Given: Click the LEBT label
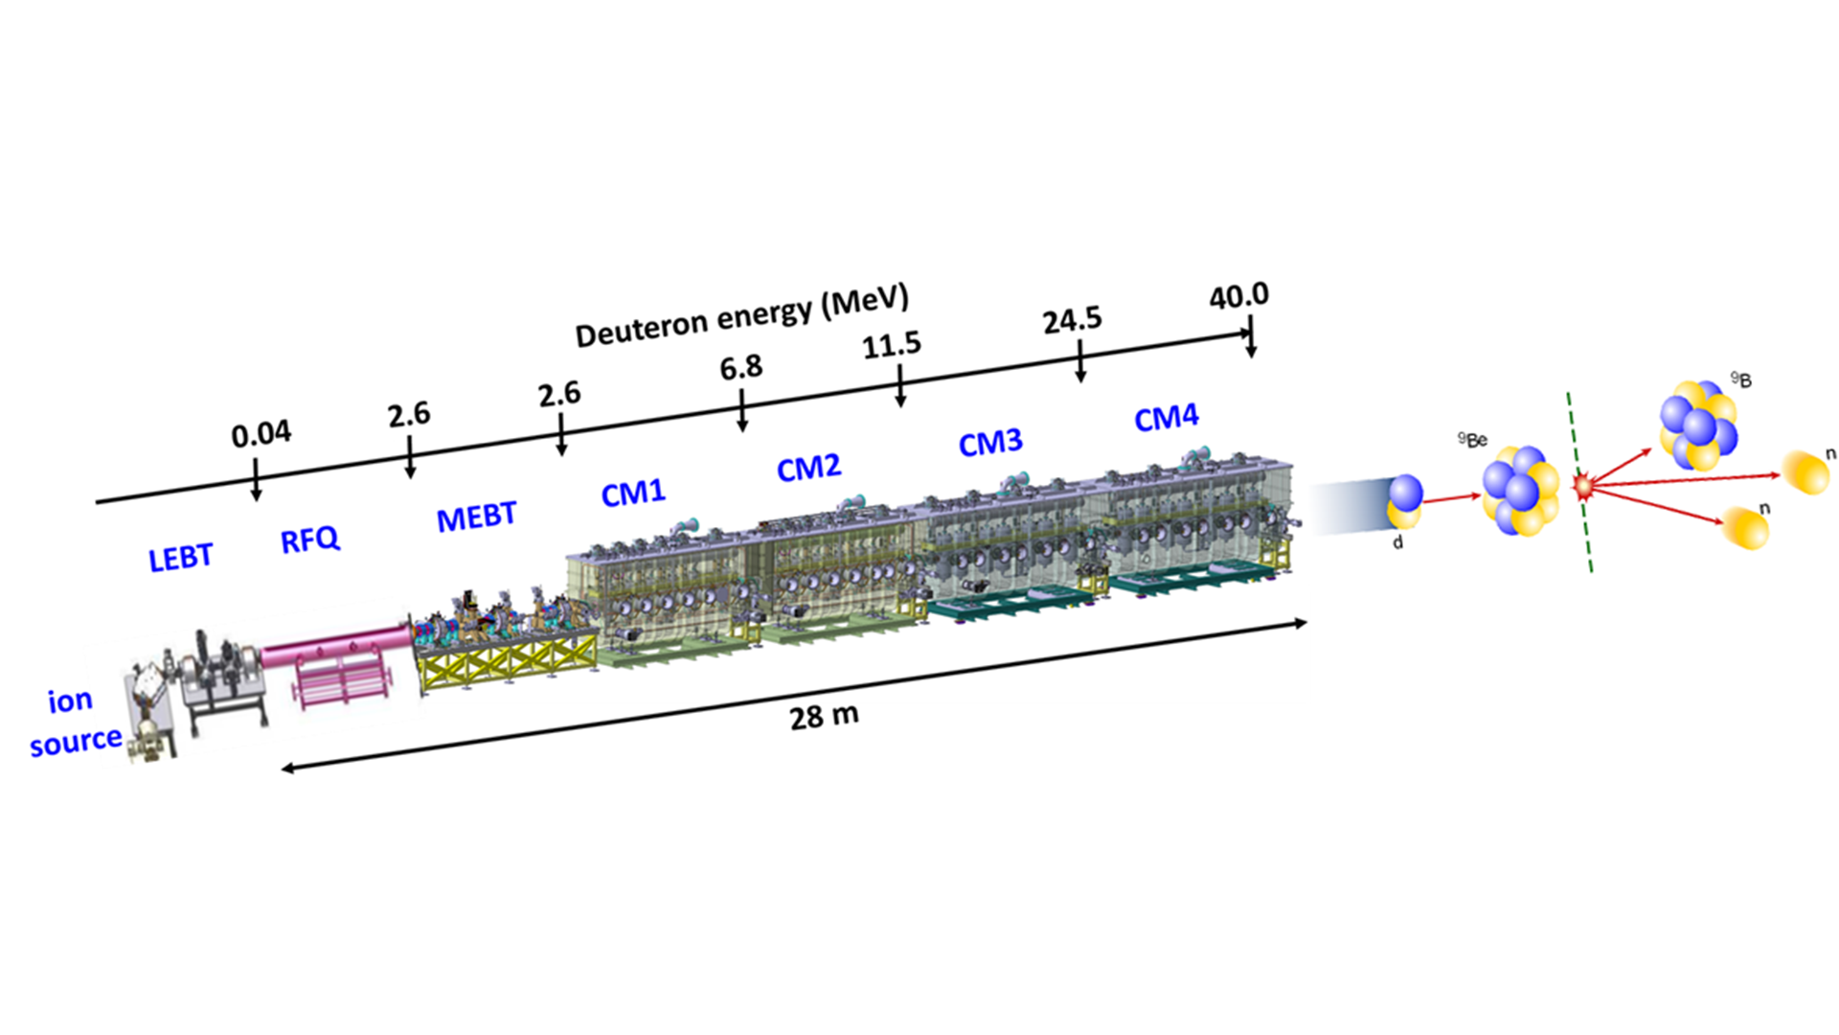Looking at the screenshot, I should click(x=180, y=558).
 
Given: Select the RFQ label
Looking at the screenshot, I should click(x=309, y=540).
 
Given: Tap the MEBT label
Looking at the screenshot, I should click(x=476, y=517).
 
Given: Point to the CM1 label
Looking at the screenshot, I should click(x=632, y=493).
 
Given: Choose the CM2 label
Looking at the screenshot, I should click(x=808, y=468).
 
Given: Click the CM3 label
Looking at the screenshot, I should click(x=990, y=443).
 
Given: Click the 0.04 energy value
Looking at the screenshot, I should click(x=261, y=434).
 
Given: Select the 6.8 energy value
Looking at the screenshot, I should click(x=740, y=367).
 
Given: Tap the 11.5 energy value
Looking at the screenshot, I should click(x=891, y=345).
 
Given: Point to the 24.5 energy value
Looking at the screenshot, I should click(x=1072, y=320).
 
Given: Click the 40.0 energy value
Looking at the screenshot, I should click(x=1238, y=296).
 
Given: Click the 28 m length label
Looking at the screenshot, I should click(x=824, y=716).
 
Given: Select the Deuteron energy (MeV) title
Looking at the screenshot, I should click(x=741, y=315).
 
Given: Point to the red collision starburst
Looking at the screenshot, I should click(x=1583, y=487).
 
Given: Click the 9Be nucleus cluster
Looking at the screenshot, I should click(x=1520, y=491).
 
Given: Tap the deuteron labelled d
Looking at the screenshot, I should click(x=1404, y=502).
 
